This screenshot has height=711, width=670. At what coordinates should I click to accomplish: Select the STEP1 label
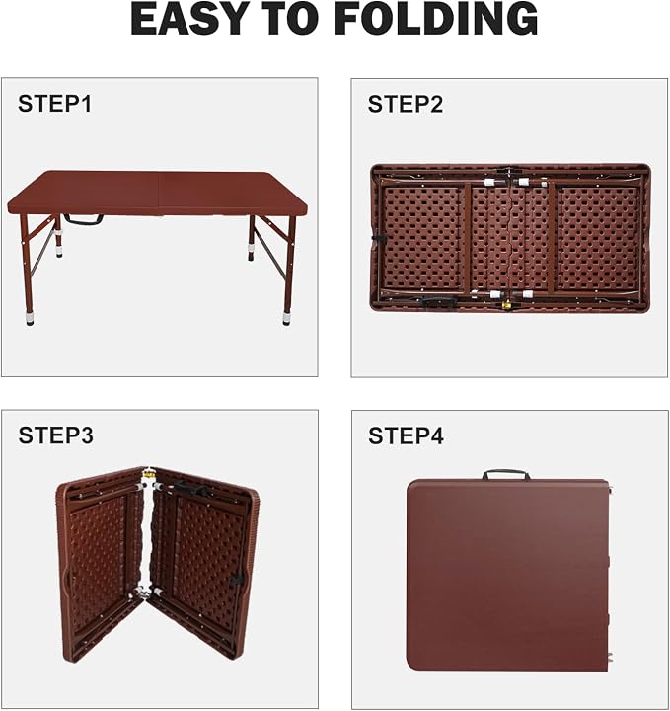click(55, 104)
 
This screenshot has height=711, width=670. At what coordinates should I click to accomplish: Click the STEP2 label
click(406, 105)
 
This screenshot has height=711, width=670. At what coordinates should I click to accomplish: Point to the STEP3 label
click(55, 435)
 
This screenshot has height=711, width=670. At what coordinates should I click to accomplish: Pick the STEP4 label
click(406, 435)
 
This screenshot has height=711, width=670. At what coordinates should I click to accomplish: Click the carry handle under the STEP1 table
click(83, 220)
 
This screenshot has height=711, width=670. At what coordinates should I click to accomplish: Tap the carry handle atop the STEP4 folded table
click(506, 475)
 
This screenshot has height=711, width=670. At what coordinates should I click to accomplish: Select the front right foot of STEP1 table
click(287, 318)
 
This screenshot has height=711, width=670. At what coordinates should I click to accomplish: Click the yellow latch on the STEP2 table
click(507, 306)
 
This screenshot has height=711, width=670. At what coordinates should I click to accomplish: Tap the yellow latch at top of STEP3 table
click(149, 475)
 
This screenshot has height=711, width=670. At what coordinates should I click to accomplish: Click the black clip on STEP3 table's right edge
click(237, 579)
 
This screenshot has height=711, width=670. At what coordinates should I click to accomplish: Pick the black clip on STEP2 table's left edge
click(377, 237)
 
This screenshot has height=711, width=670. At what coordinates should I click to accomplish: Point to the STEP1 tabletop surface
click(157, 193)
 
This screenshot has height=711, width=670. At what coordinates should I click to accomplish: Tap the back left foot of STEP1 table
click(59, 250)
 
